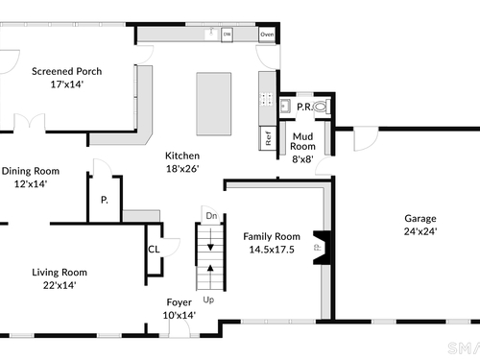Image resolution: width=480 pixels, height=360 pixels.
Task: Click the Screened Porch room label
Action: pos(67,71)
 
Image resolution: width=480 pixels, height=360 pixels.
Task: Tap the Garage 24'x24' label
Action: pos(420,225)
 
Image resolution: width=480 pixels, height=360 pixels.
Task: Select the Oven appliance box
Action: pos(267,35)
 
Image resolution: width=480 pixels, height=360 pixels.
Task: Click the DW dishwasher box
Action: pos(227,35)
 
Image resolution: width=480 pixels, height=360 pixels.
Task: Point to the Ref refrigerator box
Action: pos(268,138)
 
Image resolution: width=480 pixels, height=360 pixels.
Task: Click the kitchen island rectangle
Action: pos(214,104)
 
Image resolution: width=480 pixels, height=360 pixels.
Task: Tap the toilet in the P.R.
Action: pos(321,107)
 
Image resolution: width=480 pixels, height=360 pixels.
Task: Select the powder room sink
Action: pos(285,106)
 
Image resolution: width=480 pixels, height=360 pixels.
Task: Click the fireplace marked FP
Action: pos(322,248)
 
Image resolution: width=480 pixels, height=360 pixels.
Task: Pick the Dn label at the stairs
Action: pos(211,216)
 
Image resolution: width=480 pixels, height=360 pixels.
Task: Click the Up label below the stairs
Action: pos(208,300)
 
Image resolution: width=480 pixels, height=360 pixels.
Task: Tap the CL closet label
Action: pos(154,250)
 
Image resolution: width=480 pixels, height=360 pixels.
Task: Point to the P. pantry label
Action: pos(105,200)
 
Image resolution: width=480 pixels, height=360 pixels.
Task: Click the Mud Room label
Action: pos(302,141)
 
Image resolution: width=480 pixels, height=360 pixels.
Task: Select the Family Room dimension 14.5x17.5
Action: pos(272,250)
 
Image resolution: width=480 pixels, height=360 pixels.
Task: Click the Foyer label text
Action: pos(180,302)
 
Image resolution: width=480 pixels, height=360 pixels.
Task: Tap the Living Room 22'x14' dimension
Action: pos(60,285)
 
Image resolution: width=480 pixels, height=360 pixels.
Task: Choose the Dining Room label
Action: pos(31,171)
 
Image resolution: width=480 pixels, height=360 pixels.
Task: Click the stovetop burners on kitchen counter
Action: pos(266,99)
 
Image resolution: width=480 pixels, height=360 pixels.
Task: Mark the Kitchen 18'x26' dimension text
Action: pos(182,169)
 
